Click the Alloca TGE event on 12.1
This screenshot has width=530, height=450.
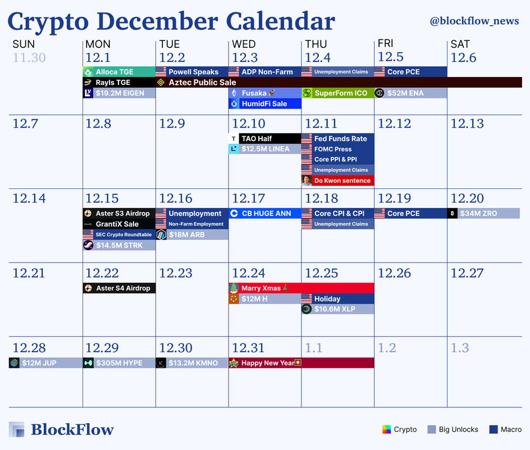point(120,72)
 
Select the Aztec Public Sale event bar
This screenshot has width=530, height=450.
point(339,82)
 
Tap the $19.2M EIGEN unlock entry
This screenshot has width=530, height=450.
point(120,93)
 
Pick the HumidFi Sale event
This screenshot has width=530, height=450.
point(264,103)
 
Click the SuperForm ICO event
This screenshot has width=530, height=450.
point(337,93)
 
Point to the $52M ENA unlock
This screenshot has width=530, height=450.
point(410,93)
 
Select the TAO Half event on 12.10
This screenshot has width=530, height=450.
point(264,138)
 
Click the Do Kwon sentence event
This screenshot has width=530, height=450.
point(337,181)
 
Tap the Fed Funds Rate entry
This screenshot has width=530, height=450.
point(337,138)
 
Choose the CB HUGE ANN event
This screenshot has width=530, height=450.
point(264,213)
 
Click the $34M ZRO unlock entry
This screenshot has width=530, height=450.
point(483,213)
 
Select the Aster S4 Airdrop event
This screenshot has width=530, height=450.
point(120,288)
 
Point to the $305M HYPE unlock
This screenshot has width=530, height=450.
point(120,363)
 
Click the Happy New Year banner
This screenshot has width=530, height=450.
point(301,363)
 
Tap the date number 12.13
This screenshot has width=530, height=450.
point(467,124)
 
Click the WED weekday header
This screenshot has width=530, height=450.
point(244,44)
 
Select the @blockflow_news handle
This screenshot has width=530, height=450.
point(474,21)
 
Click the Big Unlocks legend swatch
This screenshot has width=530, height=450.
point(431,429)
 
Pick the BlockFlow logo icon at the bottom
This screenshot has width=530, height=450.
point(17,429)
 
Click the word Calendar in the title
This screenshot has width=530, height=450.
point(280,21)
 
